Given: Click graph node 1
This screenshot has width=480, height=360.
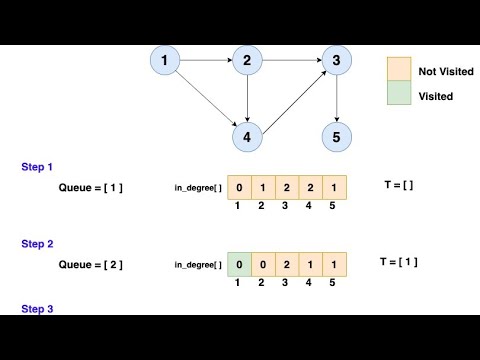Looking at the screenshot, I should click(x=164, y=63).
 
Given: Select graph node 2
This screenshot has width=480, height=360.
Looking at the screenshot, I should click(x=246, y=63).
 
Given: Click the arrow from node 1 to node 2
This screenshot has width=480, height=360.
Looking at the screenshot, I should click(x=205, y=63).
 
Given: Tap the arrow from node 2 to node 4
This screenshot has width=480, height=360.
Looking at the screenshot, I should click(x=246, y=98).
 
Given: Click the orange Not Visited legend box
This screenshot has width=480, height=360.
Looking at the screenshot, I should click(x=400, y=69).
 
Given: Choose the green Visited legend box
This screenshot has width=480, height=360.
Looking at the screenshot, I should click(x=400, y=96).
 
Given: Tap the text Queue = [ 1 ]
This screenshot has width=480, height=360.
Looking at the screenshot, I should click(x=90, y=187).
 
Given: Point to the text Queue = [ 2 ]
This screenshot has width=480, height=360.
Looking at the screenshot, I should click(x=90, y=264).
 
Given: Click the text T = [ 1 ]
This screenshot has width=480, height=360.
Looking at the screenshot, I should click(x=398, y=262).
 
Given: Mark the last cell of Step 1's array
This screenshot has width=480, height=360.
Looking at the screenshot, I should click(x=334, y=187).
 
